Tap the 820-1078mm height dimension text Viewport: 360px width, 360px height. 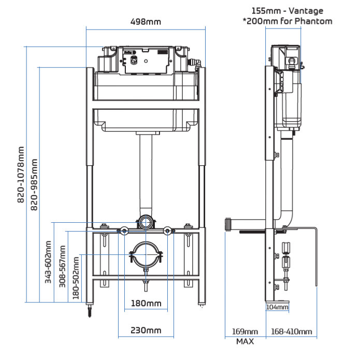21,174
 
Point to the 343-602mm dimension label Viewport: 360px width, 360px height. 48,261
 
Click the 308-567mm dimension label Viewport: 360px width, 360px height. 62,266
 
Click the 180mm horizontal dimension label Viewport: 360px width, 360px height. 146,303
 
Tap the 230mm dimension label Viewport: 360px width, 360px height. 146,330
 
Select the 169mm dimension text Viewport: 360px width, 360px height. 245,332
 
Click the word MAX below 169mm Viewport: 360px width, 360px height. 245,341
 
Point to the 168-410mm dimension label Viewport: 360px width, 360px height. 291,332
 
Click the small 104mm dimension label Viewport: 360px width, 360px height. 277,307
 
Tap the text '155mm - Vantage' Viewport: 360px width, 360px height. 287,10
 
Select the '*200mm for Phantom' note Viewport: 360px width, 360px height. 287,21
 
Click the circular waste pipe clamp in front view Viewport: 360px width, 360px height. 146,253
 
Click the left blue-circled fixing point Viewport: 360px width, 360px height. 125,231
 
